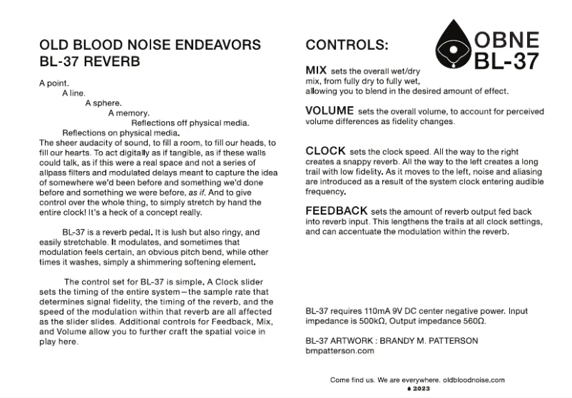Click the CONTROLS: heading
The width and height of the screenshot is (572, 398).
pyautogui.click(x=347, y=45)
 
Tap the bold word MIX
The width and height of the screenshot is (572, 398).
pyautogui.click(x=317, y=71)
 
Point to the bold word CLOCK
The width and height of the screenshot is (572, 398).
pyautogui.click(x=326, y=150)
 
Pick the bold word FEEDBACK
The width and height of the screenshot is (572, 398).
pyautogui.click(x=337, y=211)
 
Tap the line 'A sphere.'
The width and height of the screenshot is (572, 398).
pyautogui.click(x=103, y=103)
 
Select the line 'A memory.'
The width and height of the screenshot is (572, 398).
pyautogui.click(x=128, y=113)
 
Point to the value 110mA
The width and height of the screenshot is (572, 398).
pyautogui.click(x=374, y=312)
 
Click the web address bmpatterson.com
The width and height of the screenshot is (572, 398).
pyautogui.click(x=339, y=351)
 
